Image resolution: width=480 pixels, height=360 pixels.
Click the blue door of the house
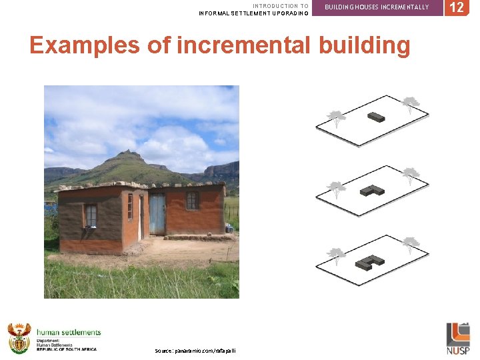[x=157, y=214]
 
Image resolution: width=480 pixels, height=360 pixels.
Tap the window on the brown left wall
[x=91, y=215]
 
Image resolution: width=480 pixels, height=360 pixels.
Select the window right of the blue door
[x=192, y=200]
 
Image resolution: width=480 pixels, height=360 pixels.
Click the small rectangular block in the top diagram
[x=376, y=117]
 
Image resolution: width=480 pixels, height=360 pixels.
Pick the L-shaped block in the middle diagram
[x=372, y=190]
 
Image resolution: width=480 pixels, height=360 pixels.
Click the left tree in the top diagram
[x=337, y=118]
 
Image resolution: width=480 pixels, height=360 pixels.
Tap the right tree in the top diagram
[x=411, y=103]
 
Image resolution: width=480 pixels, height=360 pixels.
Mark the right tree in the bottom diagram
[x=411, y=243]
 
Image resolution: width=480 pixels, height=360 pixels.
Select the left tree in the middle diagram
[x=337, y=189]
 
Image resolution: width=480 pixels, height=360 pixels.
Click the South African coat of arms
[x=19, y=338]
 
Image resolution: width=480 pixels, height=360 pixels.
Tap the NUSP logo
[x=457, y=338]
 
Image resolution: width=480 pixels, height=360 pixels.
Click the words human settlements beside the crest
[x=69, y=332]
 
